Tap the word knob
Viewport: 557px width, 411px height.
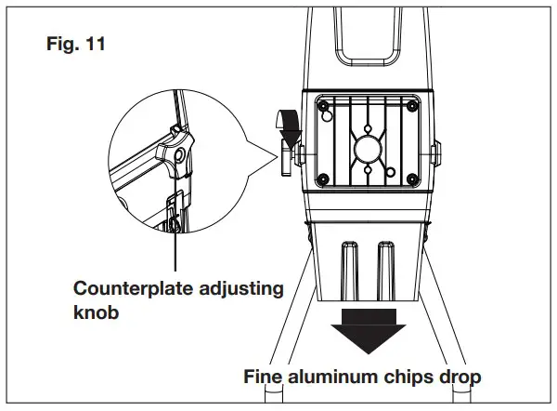pos(97,313)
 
